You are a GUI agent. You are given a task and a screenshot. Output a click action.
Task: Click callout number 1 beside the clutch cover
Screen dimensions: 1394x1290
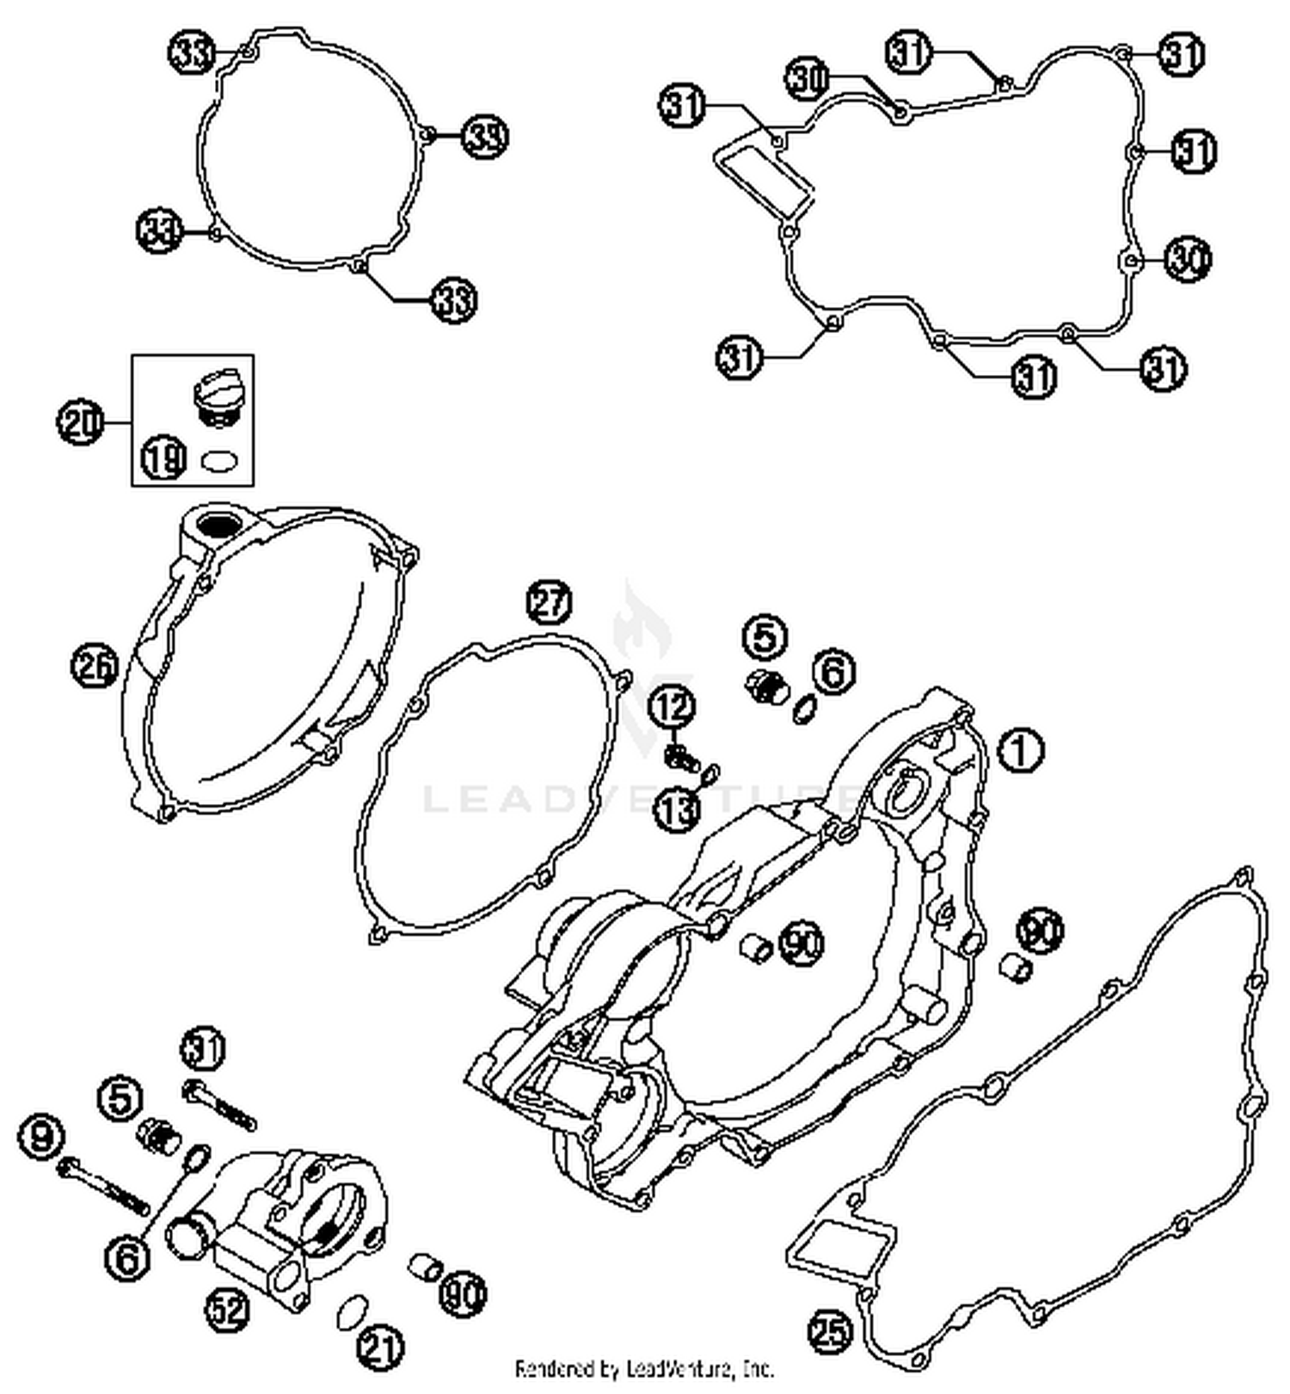1020,750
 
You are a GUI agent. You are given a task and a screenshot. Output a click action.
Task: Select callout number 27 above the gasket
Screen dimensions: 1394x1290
550,602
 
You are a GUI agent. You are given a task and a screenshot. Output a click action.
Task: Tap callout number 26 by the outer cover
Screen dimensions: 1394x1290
95,666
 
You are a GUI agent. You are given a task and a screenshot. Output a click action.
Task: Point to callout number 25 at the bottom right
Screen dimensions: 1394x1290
831,1331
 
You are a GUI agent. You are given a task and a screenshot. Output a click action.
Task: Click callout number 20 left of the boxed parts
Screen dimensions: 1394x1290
81,422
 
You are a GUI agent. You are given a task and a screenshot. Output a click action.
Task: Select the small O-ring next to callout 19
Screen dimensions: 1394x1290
218,461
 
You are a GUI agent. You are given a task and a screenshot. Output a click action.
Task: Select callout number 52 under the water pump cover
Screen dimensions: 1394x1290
227,1310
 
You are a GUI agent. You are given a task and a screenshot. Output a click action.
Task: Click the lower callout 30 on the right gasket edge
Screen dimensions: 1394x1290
1189,258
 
